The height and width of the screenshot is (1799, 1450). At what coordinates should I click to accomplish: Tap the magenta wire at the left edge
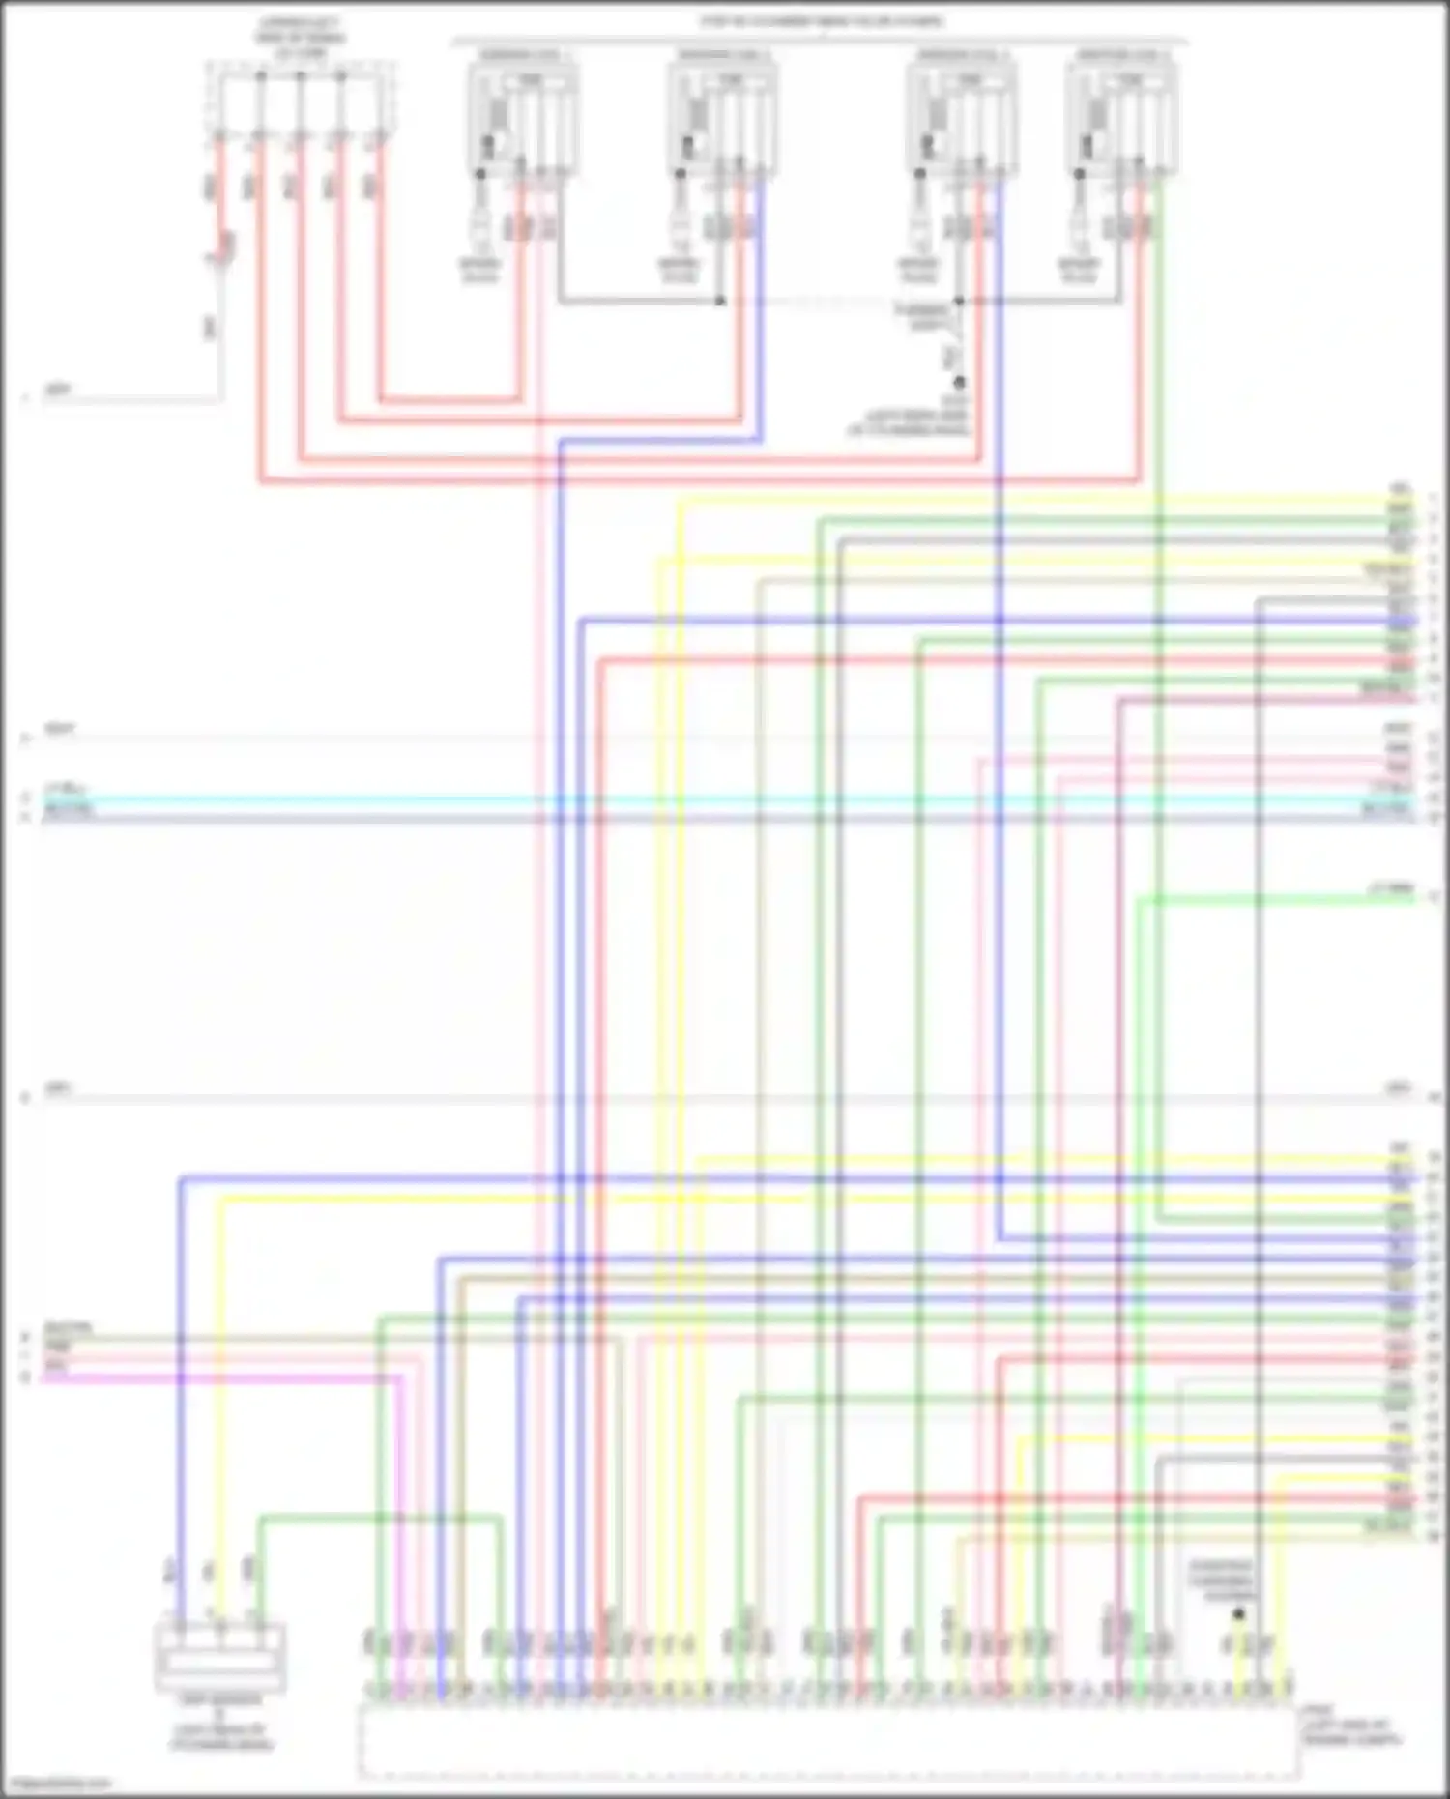193,1377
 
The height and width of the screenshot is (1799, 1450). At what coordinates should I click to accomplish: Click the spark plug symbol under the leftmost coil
479,227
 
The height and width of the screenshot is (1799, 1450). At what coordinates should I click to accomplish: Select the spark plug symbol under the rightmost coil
1079,227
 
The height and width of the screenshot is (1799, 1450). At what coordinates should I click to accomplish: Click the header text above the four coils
822,21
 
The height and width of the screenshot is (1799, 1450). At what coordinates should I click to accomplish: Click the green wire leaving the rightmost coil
1160,677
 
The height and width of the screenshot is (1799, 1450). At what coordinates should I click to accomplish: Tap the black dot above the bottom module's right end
1238,1613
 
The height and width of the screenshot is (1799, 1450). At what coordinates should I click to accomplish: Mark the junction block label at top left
300,37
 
